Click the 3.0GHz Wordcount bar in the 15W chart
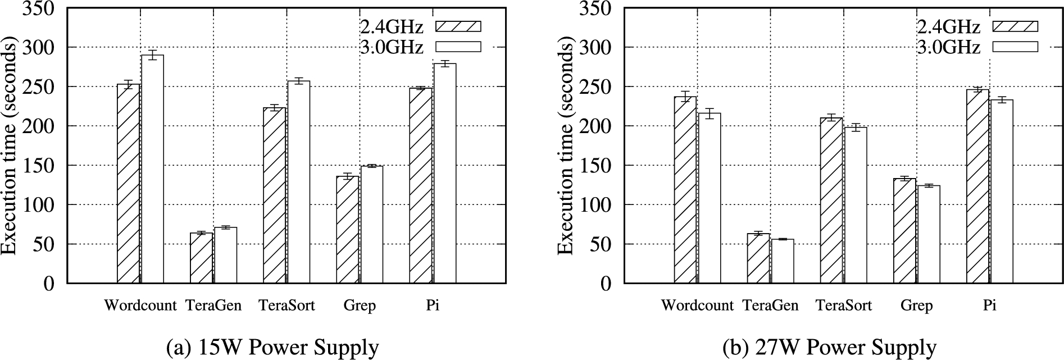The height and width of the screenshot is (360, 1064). pyautogui.click(x=152, y=168)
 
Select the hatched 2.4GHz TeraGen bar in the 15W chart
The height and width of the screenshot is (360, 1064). pyautogui.click(x=201, y=258)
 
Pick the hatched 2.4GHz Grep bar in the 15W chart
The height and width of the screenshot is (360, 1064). pyautogui.click(x=347, y=230)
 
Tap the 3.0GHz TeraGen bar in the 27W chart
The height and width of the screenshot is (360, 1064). pyautogui.click(x=783, y=261)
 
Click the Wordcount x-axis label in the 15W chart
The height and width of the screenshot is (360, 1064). pyautogui.click(x=140, y=306)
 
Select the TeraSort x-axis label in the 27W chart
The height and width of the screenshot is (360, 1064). pyautogui.click(x=844, y=306)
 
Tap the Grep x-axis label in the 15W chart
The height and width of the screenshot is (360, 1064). pyautogui.click(x=360, y=306)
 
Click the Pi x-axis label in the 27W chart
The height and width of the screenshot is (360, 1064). pyautogui.click(x=989, y=306)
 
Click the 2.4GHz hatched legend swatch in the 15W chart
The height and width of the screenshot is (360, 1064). pyautogui.click(x=458, y=26)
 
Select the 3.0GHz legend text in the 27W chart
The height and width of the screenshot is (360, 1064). pyautogui.click(x=949, y=47)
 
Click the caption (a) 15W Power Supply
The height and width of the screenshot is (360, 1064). pyautogui.click(x=272, y=348)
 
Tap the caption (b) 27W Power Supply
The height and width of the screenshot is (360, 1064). pyautogui.click(x=829, y=348)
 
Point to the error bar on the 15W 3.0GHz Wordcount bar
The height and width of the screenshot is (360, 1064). pyautogui.click(x=152, y=54)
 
